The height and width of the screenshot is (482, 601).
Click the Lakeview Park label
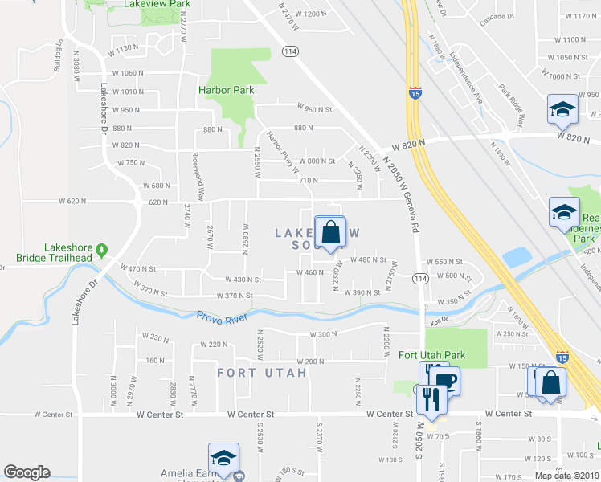coord(157,4)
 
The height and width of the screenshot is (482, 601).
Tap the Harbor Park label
coord(227,90)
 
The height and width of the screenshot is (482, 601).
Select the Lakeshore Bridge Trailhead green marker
coord(101,251)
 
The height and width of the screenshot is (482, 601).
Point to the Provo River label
coord(224,315)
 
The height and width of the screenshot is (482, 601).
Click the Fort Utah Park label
coord(431,354)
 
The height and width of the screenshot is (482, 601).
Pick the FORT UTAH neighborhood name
coord(262,373)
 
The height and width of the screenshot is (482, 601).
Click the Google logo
coord(27,472)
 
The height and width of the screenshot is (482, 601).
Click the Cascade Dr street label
coord(497,16)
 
